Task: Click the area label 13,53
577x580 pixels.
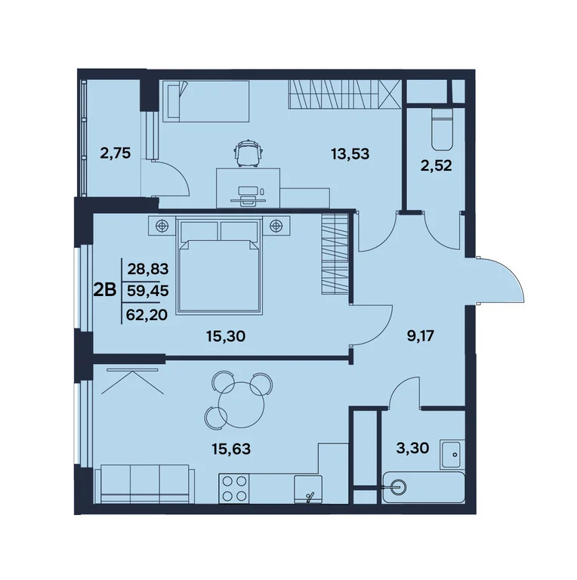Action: click(x=350, y=155)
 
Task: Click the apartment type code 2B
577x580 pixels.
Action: click(x=104, y=288)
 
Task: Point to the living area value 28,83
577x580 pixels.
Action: click(x=148, y=268)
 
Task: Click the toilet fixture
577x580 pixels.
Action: click(x=438, y=130)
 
